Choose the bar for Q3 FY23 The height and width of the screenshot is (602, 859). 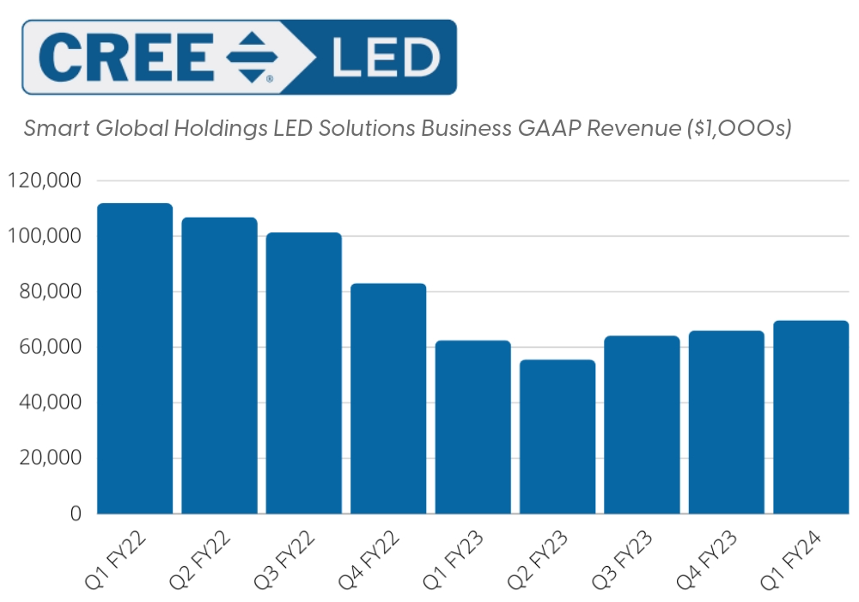(x=642, y=425)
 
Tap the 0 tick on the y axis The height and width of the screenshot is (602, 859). (x=76, y=513)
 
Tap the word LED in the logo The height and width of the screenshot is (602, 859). (x=384, y=58)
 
